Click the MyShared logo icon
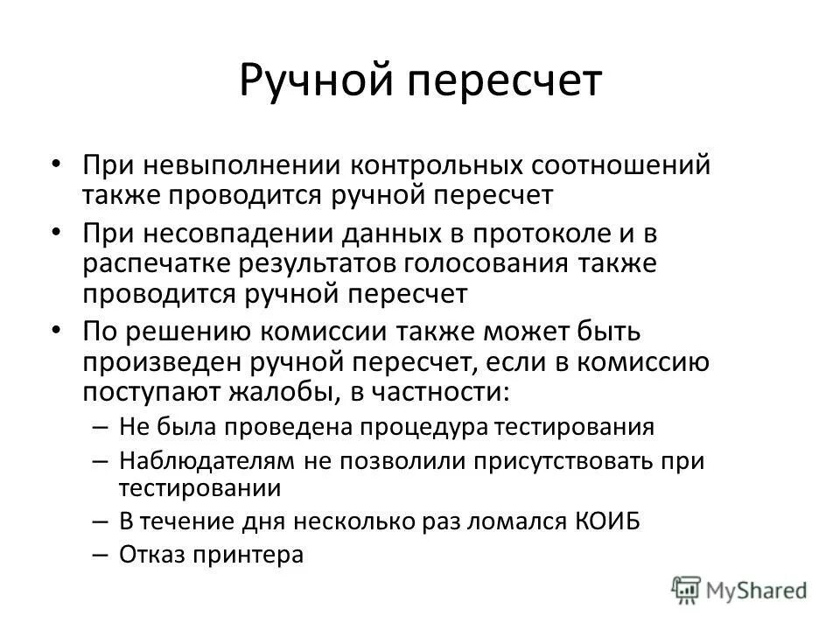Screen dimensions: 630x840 685,588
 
